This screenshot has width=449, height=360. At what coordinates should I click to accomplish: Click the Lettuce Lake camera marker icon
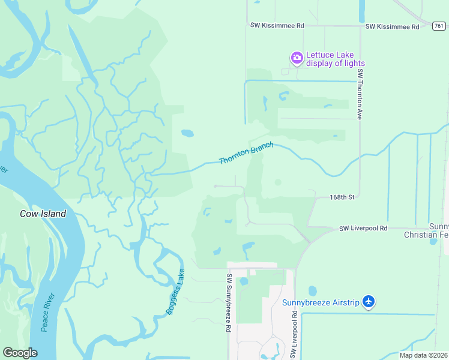tap(297, 58)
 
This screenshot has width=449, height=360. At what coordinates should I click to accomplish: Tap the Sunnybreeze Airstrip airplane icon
tap(369, 302)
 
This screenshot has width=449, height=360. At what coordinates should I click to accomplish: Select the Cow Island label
tap(43, 214)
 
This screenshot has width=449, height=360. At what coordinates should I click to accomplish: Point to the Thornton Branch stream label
tap(246, 153)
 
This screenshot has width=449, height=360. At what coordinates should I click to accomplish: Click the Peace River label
tap(49, 312)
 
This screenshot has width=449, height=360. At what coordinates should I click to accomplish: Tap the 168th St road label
tap(343, 197)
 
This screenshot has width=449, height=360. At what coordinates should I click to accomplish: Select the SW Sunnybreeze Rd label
tap(229, 304)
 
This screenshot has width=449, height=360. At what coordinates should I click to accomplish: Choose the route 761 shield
tap(439, 25)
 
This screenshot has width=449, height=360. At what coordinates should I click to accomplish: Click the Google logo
tap(20, 353)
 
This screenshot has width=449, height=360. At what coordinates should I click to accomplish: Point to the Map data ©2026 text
tap(424, 355)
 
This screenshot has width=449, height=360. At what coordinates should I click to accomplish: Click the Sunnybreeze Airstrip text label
tap(321, 302)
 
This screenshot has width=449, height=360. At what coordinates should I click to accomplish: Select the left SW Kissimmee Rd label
tap(277, 26)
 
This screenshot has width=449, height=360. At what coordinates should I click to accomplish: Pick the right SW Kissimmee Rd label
tap(392, 27)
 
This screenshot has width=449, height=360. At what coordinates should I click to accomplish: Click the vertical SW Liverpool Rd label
tap(294, 335)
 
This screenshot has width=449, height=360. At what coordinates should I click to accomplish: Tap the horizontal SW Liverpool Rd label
tap(363, 229)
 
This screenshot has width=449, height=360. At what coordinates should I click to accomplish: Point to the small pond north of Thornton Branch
tap(187, 133)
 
